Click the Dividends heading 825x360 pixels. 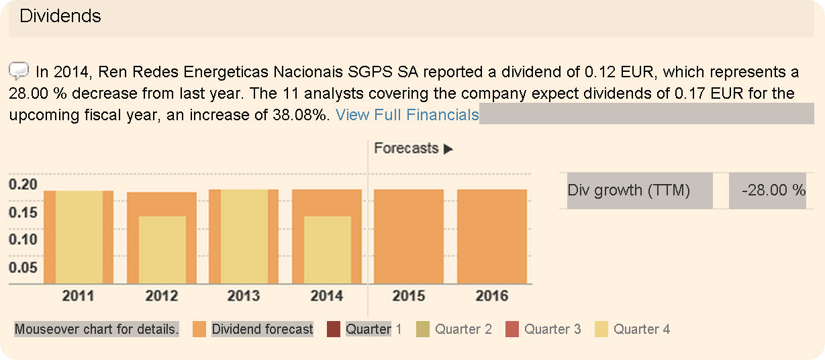[x=60, y=16]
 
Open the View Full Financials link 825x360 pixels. [x=407, y=115]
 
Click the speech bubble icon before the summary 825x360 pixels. [x=19, y=70]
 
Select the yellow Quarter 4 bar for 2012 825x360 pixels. [x=162, y=250]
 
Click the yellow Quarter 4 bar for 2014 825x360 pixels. [x=328, y=250]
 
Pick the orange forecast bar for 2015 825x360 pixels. [x=409, y=236]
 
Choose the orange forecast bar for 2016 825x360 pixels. [x=492, y=236]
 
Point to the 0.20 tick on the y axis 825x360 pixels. [x=23, y=185]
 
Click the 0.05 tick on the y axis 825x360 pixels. [x=23, y=268]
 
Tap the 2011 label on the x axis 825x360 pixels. [x=79, y=296]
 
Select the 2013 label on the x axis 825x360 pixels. [x=244, y=296]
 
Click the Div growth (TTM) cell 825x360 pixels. [x=629, y=191]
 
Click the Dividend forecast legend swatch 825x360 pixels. [x=199, y=329]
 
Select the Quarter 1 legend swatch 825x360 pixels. [x=334, y=329]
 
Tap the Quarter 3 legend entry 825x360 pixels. [x=552, y=329]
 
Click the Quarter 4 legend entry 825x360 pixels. [x=642, y=329]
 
